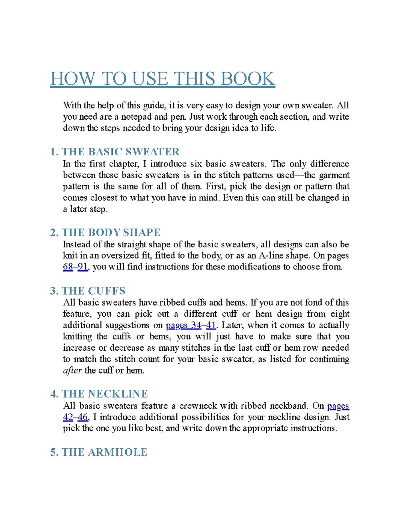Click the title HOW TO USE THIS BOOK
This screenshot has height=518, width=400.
(162, 79)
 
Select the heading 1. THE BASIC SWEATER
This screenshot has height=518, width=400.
(115, 152)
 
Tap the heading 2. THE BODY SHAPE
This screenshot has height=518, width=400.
(105, 233)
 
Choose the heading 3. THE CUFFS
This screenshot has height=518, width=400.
(88, 291)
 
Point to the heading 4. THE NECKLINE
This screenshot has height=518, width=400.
(99, 394)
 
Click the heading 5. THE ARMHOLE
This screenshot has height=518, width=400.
(98, 452)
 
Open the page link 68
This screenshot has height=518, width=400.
(68, 267)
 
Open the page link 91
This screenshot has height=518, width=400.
(82, 267)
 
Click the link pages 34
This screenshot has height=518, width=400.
(184, 325)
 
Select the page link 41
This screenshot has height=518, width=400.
(211, 325)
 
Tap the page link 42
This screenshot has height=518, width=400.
(68, 417)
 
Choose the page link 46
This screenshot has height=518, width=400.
(82, 417)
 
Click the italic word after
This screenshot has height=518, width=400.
(72, 370)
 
